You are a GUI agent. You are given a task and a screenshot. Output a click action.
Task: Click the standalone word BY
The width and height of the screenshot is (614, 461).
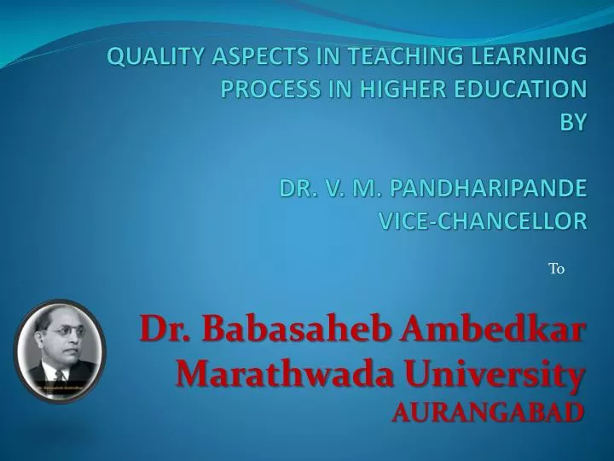pos(573,122)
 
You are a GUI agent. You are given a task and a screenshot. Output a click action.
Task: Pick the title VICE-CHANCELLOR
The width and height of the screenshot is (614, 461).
pos(482,221)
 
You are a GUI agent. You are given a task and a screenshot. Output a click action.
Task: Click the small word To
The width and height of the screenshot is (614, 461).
pos(556,269)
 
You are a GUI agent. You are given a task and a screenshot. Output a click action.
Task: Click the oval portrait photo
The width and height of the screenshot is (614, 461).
pos(59,351)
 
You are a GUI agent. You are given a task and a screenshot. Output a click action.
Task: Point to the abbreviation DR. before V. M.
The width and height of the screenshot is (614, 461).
pos(296,188)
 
